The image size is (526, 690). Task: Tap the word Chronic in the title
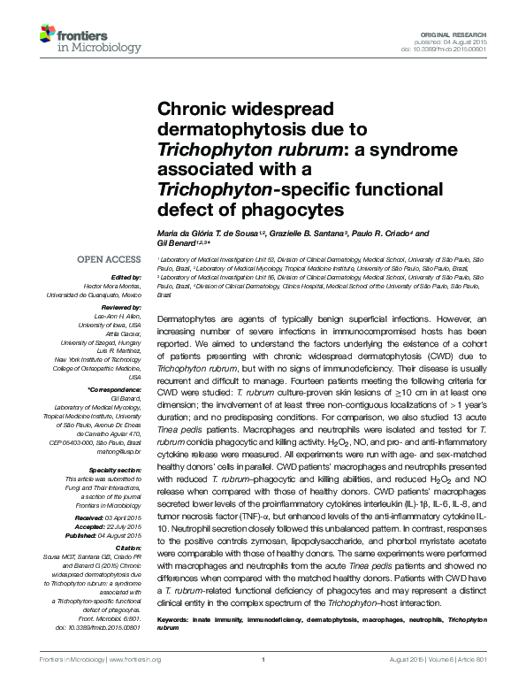point(187,111)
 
